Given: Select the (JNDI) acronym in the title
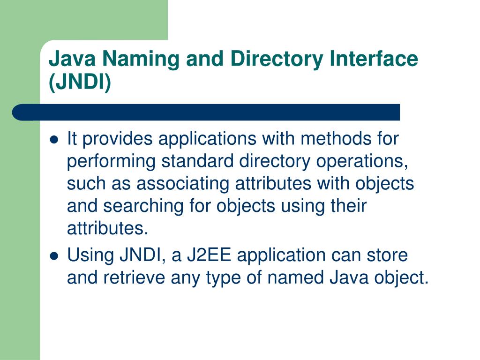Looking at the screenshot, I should [80, 83].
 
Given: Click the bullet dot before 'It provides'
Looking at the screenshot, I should [54, 139].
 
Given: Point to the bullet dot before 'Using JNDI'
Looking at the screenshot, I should [54, 256].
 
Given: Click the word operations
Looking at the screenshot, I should [359, 161].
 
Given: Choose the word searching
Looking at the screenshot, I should [143, 206].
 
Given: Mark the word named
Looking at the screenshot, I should [292, 278].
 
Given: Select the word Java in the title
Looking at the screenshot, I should [69, 60].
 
